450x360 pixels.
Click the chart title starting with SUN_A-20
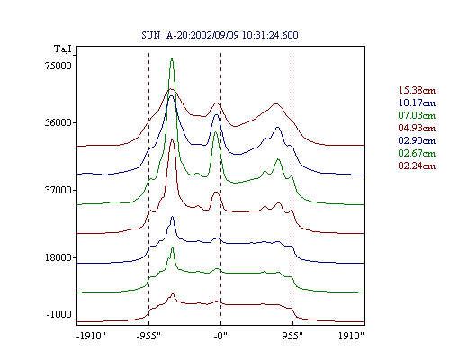pos(220,35)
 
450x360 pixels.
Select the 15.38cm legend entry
pos(417,90)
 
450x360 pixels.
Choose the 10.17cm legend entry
pos(417,103)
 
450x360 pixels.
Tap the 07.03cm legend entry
pos(417,115)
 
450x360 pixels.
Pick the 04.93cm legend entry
pos(417,128)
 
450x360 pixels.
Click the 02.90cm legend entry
pos(417,140)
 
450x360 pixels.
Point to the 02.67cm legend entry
pos(417,153)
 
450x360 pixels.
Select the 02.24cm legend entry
pos(417,166)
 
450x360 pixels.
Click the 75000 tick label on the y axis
pos(58,66)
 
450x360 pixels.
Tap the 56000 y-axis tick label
pos(58,122)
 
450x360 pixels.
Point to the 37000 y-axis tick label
pos(58,190)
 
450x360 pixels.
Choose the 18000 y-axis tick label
pos(58,257)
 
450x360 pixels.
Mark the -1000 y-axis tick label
pos(59,314)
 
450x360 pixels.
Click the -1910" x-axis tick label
pos(92,336)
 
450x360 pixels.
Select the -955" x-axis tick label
pos(148,336)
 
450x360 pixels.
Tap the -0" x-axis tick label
pos(220,336)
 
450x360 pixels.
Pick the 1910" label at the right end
pos(351,336)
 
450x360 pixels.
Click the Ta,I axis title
pos(63,49)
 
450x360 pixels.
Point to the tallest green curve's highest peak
pos(172,59)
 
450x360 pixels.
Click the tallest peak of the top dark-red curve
pos(171,89)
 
